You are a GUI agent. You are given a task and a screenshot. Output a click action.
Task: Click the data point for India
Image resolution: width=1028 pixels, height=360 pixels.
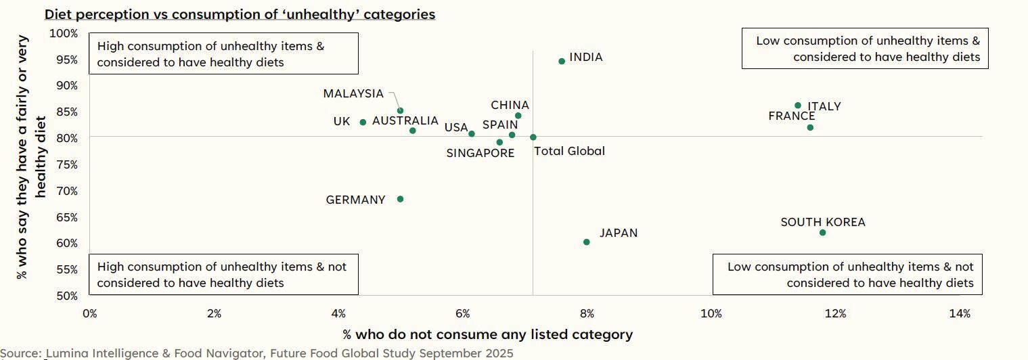pos(562,61)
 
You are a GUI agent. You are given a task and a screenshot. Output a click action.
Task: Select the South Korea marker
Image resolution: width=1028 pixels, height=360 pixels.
pos(822,233)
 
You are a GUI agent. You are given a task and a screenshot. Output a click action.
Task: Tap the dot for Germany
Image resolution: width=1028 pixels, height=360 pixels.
pos(400,199)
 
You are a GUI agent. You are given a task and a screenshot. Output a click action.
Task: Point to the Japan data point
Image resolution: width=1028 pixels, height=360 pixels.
pos(586,242)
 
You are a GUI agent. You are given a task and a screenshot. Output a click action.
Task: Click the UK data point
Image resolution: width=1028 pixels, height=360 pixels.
pos(363,122)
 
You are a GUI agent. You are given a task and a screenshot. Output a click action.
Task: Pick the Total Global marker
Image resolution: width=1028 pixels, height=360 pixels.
pos(533,137)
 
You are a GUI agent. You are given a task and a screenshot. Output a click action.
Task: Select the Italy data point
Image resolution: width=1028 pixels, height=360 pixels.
pos(798,106)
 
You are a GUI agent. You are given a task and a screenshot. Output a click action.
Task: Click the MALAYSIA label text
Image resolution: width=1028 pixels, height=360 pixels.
pos(353,94)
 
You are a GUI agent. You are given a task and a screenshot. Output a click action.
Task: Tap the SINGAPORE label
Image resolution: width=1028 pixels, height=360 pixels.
pos(480,154)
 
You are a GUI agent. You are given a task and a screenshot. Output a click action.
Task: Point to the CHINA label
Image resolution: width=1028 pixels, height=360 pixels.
pos(510,106)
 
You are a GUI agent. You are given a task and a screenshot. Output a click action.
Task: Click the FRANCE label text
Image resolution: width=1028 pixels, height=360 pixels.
pos(791,116)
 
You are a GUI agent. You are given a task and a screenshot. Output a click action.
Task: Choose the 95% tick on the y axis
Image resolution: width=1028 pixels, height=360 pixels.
pos(67,60)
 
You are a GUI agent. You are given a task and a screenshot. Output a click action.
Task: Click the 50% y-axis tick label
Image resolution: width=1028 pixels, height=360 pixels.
pos(67,296)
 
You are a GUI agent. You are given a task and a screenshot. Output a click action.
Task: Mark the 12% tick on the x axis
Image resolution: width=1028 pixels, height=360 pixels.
pos(835,313)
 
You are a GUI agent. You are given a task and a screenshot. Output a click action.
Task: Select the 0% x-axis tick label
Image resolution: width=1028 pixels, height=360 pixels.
pos(89,313)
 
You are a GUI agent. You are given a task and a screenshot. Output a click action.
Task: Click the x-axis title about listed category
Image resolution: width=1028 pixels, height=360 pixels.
pos(487,334)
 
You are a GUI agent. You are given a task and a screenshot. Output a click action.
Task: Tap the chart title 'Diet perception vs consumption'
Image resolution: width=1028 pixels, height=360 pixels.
pos(240,14)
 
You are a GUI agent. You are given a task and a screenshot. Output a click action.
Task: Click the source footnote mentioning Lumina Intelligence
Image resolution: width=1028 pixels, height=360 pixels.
pos(257,353)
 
